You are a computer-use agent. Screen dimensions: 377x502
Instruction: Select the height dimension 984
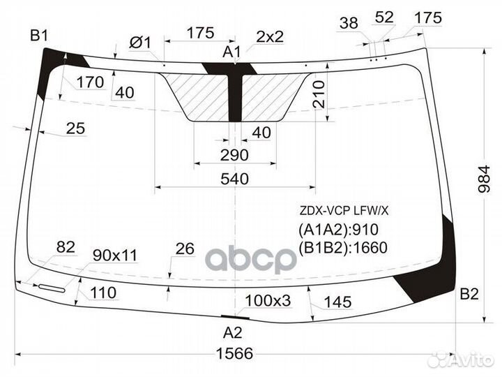(492, 183)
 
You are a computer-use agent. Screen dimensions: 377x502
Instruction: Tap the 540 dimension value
(234, 179)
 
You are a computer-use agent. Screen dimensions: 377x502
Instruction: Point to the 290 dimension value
(235, 154)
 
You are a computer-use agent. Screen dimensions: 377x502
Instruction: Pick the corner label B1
(39, 35)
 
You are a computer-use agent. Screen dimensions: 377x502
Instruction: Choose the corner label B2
(469, 294)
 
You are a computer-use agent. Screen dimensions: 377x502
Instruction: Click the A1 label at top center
(232, 52)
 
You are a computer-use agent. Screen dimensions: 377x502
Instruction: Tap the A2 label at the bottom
(232, 332)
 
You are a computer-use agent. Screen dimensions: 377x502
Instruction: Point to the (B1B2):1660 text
(342, 247)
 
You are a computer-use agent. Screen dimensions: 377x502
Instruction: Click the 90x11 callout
(114, 255)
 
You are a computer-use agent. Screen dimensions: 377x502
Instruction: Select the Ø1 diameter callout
(140, 43)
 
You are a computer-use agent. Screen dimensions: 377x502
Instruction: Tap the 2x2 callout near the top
(270, 36)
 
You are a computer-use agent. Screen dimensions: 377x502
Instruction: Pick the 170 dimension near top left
(90, 82)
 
